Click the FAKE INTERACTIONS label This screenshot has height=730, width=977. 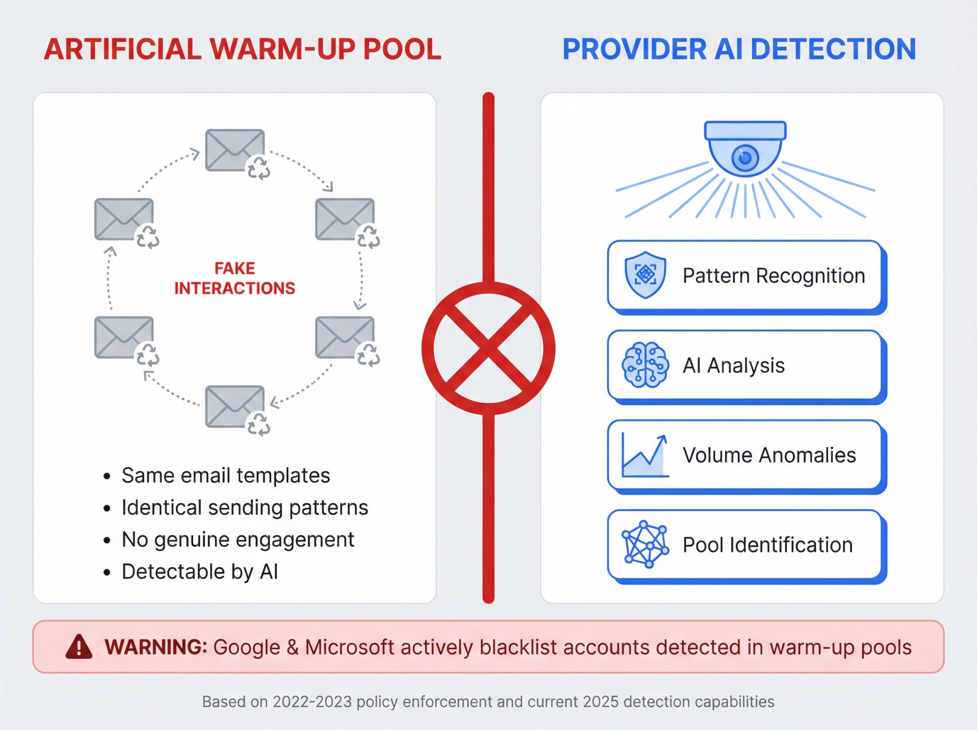pos(234,278)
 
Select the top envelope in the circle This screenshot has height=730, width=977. pos(234,150)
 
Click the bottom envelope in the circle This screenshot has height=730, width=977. pos(234,406)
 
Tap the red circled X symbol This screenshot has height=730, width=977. pos(488,348)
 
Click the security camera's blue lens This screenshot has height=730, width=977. pos(745,157)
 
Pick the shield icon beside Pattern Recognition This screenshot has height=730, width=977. pos(645,275)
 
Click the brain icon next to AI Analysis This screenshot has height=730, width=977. pos(645,365)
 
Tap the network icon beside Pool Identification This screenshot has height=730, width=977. pos(645,544)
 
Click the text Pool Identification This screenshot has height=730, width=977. pos(767,545)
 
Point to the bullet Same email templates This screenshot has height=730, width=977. pos(226,475)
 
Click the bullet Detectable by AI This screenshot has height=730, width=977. pos(200,572)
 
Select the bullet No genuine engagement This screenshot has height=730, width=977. pos(238,539)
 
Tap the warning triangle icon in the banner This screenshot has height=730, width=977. pos(79,647)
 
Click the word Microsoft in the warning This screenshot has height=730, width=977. pos(349,647)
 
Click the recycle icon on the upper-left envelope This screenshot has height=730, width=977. pos(148,237)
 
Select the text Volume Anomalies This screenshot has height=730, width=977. pos(769,455)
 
